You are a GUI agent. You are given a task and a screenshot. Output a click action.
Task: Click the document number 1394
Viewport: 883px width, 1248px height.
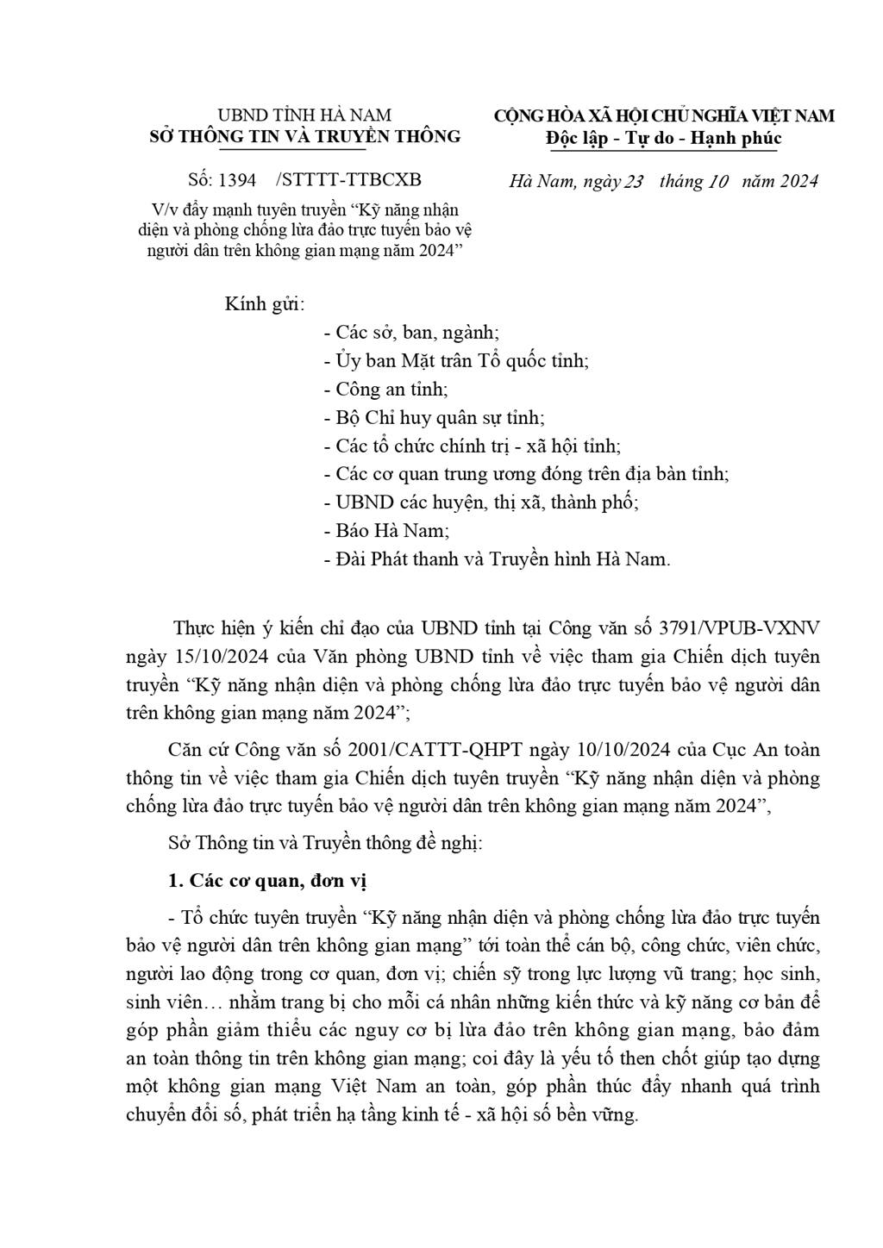(x=237, y=180)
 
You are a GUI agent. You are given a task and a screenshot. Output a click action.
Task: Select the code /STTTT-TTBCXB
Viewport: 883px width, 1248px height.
(x=348, y=180)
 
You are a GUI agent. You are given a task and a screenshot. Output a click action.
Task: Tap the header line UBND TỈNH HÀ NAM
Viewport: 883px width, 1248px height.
(x=304, y=115)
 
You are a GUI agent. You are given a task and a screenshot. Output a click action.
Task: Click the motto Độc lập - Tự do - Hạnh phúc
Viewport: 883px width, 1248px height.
(x=664, y=138)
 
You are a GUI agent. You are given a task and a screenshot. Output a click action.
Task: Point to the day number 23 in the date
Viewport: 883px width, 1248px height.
(x=634, y=181)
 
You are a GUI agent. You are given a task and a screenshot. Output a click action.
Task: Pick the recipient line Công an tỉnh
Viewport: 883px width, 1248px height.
(x=385, y=390)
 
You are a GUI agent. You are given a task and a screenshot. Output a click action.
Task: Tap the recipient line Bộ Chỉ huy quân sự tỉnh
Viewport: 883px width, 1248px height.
(x=434, y=418)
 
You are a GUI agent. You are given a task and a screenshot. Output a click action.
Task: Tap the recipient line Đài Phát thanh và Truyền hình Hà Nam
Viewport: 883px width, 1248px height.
(x=497, y=559)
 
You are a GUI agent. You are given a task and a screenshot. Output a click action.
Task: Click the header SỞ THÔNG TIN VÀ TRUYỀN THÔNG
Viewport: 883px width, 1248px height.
(x=305, y=136)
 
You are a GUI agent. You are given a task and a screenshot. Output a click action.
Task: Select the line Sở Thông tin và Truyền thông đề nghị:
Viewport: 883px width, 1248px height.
(x=324, y=842)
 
